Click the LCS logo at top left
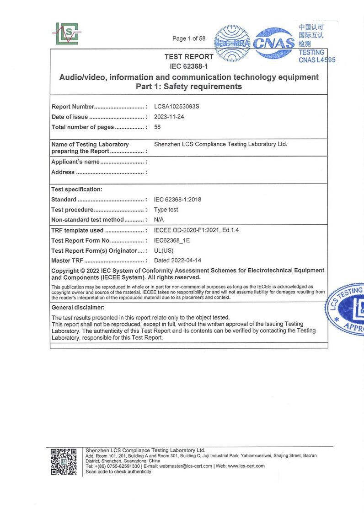pos(67,33)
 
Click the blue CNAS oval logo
pos(274,43)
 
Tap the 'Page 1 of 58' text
pos(189,38)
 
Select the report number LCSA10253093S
pos(177,106)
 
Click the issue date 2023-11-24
pos(169,117)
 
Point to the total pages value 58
pos(157,127)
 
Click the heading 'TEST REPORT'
pos(189,57)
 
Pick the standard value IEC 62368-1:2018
pos(177,200)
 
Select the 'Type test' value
pos(166,210)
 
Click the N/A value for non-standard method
pos(159,220)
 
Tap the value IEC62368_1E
pos(171,240)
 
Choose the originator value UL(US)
pos(164,250)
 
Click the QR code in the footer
pos(64,461)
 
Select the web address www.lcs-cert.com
pos(246,466)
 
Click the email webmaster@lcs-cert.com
pos(186,466)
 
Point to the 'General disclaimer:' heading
pos(78,308)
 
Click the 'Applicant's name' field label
pos(75,162)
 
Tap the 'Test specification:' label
pos(77,189)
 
